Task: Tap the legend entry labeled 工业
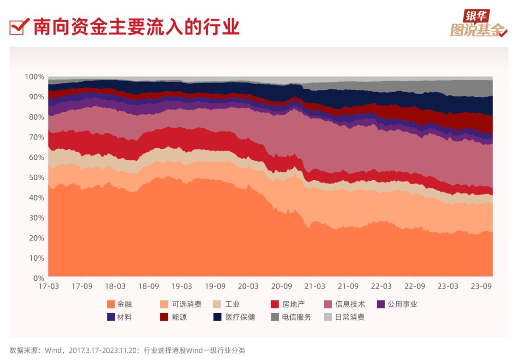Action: [x=227, y=304]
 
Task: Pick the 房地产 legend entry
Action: [x=288, y=304]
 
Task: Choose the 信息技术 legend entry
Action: [x=345, y=304]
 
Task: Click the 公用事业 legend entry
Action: [x=397, y=304]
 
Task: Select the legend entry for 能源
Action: [x=174, y=317]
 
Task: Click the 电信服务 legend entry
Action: [x=292, y=317]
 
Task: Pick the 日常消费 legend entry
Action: [x=345, y=317]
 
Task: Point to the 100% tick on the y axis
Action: [x=35, y=77]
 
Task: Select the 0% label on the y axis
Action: [x=38, y=278]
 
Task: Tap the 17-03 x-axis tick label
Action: [x=49, y=287]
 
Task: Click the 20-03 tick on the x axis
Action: [x=248, y=287]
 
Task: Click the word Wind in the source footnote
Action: [x=53, y=350]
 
